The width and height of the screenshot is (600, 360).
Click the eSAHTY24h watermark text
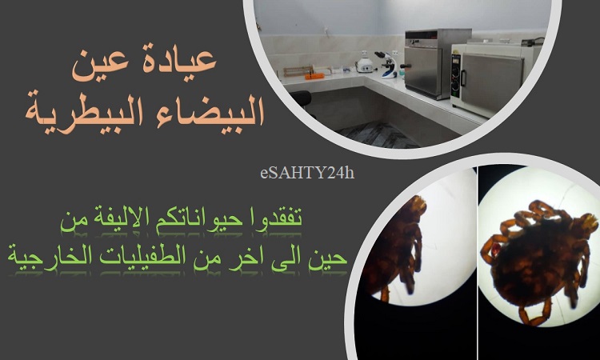(307, 174)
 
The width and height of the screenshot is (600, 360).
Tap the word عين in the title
(100, 66)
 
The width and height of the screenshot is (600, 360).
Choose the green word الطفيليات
(137, 256)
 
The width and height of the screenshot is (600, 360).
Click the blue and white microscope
(387, 65)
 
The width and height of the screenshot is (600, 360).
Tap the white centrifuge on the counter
(364, 65)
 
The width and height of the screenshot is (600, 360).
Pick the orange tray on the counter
(314, 76)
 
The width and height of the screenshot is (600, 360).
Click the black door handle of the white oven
(463, 78)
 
